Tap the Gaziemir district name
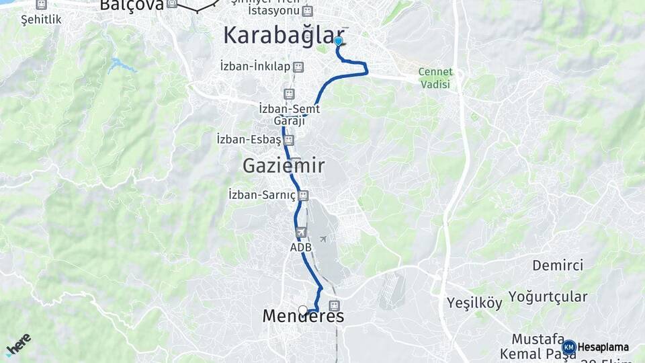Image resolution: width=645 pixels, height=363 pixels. (284, 165)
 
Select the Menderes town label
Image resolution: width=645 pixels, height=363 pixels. (303, 316)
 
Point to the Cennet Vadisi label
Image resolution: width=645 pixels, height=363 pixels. (435, 78)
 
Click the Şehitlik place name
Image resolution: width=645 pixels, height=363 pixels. (41, 19)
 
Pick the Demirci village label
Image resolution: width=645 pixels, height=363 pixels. (558, 265)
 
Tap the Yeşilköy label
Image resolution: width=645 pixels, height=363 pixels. (475, 302)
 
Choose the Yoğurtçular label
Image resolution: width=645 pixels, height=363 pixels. (548, 296)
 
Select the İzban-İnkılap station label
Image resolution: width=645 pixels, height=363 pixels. (255, 67)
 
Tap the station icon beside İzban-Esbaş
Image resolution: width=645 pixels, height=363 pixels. (289, 140)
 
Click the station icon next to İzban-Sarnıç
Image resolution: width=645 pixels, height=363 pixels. (304, 196)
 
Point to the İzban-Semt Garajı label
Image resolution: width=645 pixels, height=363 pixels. (289, 114)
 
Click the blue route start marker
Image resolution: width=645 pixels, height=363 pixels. (338, 41)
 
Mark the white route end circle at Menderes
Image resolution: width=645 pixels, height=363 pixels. (303, 311)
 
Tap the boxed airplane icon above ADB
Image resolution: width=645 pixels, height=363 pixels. (300, 233)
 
